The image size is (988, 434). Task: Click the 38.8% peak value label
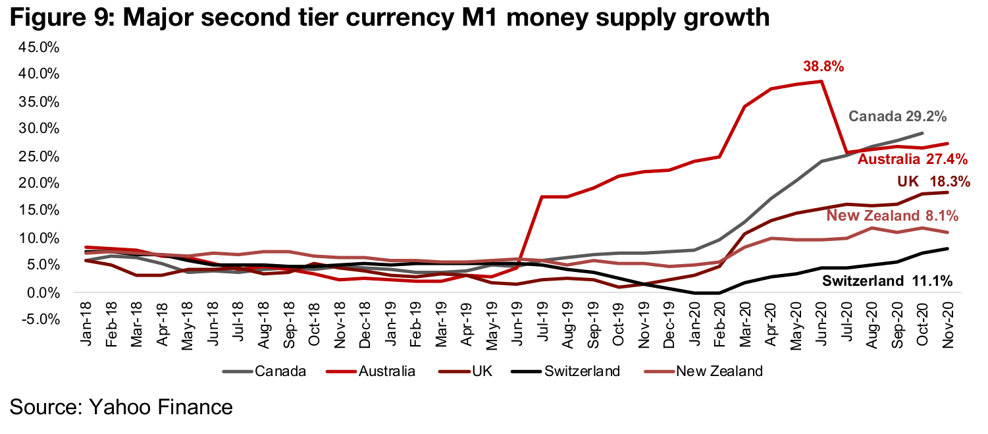pyautogui.click(x=823, y=67)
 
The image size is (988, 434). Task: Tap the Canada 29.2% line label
pyautogui.click(x=898, y=117)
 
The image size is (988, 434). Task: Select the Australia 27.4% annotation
pyautogui.click(x=912, y=159)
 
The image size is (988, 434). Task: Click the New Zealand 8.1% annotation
pyautogui.click(x=892, y=215)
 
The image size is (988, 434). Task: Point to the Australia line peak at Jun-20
pyautogui.click(x=821, y=82)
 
